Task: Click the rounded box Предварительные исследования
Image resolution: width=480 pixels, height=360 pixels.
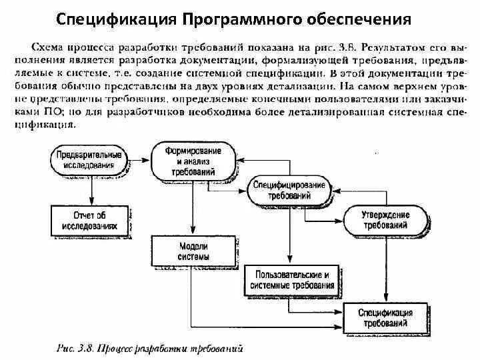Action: click(89, 159)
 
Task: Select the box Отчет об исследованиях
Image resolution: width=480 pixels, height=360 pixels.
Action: click(89, 220)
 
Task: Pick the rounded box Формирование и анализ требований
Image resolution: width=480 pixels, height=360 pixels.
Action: click(194, 161)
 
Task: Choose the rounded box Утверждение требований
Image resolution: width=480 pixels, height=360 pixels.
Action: click(386, 220)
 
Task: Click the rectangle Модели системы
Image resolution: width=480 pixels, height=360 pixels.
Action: click(194, 251)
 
